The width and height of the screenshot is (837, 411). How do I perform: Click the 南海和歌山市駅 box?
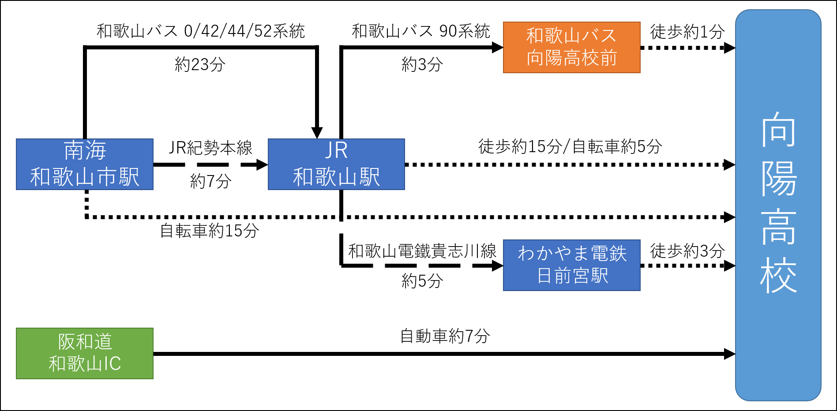[85, 164]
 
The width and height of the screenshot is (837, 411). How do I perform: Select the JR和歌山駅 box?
[336, 164]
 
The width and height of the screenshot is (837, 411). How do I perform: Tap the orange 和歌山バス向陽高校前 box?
[571, 47]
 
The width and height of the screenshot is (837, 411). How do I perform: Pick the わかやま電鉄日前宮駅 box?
[571, 265]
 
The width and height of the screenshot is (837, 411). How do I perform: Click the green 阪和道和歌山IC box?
[85, 353]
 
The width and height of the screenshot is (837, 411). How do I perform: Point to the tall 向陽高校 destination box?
[778, 205]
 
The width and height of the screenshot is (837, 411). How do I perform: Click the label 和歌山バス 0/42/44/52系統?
[201, 31]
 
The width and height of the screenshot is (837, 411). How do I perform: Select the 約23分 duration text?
[200, 65]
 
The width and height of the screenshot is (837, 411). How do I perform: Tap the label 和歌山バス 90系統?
[420, 31]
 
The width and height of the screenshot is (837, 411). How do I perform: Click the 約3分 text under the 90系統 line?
[422, 65]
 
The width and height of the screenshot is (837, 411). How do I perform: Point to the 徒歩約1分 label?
[687, 32]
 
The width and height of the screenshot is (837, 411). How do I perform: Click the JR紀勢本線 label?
[210, 148]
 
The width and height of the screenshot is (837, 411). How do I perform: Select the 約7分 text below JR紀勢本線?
[210, 181]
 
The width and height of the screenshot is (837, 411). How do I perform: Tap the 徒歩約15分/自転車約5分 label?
[570, 146]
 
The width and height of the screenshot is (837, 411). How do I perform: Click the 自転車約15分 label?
[209, 231]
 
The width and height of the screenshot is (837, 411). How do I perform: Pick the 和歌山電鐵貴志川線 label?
[422, 251]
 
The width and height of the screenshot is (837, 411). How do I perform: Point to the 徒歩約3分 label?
[687, 251]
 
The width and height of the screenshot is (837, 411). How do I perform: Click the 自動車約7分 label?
[445, 336]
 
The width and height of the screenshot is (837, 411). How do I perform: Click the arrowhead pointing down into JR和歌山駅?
[317, 132]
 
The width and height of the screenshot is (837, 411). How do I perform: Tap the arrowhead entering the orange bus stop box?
[497, 47]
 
